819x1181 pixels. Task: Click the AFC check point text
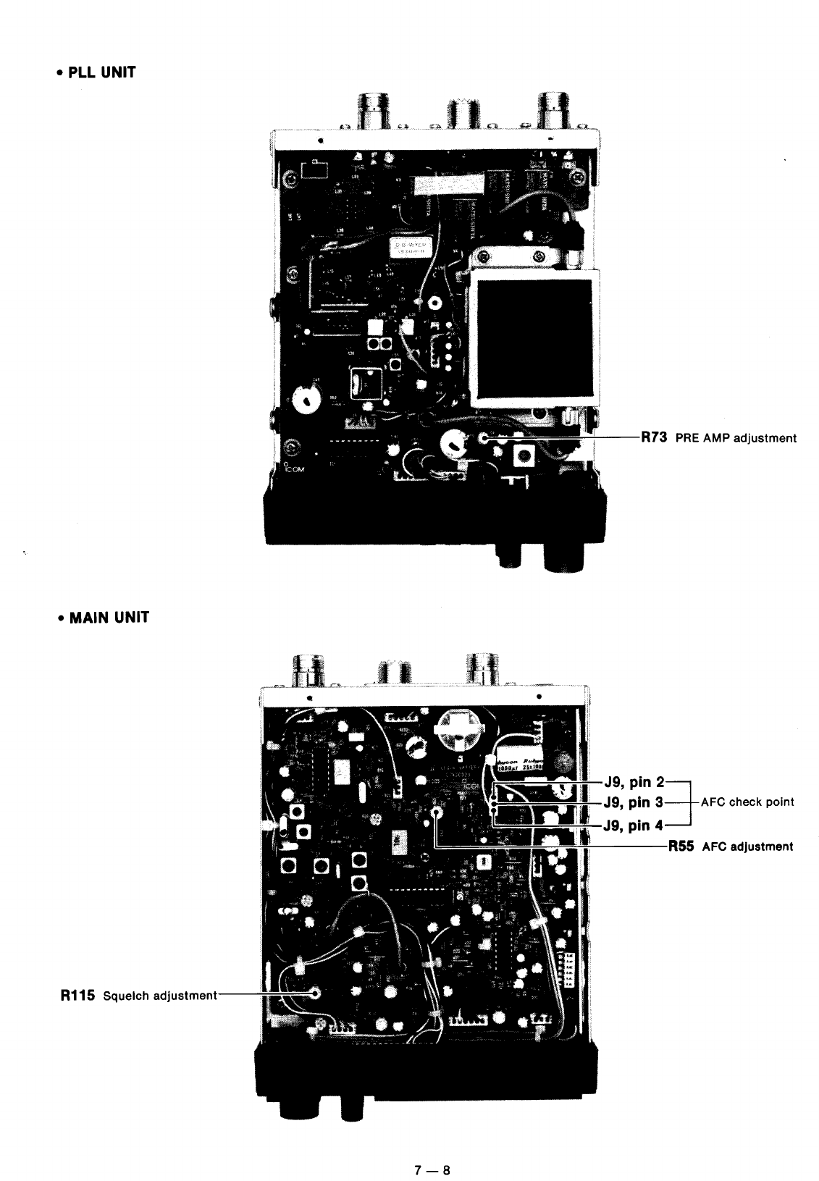click(x=746, y=802)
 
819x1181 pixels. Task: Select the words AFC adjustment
click(x=747, y=846)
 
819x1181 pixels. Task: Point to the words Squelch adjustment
click(x=159, y=996)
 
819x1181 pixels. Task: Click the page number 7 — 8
click(x=432, y=1149)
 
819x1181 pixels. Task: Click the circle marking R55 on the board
click(x=437, y=812)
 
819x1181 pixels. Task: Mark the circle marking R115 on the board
click(x=315, y=993)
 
